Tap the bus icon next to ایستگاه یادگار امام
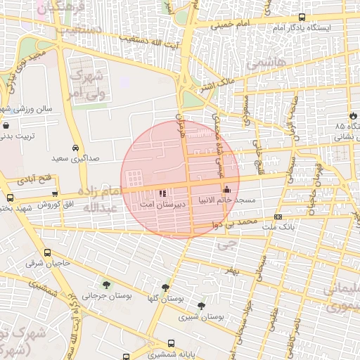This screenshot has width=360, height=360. tap(302, 18)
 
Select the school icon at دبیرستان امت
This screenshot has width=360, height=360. tap(163, 191)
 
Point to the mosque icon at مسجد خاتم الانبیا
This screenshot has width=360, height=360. tap(226, 190)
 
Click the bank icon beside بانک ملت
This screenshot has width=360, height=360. tap(278, 217)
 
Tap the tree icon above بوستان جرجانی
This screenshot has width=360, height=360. tap(106, 285)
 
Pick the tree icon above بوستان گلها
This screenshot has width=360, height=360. tap(165, 288)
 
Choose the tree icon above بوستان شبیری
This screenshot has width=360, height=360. tap(202, 306)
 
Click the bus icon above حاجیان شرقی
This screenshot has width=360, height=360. tap(47, 252)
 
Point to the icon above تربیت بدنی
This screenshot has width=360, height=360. tap(6, 127)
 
